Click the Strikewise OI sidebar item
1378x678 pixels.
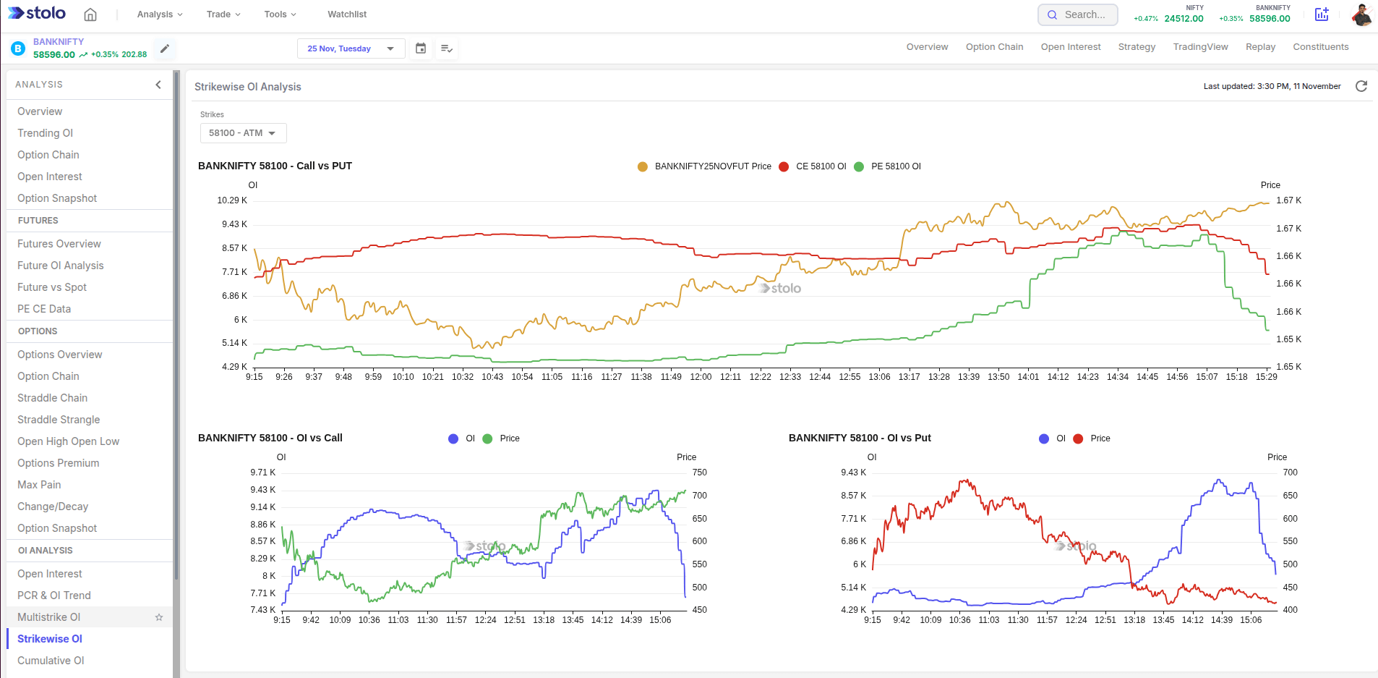(50, 639)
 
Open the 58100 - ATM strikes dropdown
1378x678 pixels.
(243, 133)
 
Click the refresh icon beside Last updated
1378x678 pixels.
(1361, 86)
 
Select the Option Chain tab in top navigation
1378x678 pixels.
(994, 47)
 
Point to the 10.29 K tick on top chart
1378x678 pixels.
(232, 200)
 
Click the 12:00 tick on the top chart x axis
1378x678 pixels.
(701, 377)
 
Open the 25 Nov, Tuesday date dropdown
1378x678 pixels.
(351, 48)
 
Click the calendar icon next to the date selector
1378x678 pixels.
(421, 48)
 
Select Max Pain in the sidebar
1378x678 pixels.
(39, 485)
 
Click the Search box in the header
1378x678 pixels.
(1078, 14)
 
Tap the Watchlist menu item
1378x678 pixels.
(347, 14)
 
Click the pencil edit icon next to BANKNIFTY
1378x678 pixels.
(165, 48)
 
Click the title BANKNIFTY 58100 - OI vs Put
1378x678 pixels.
(860, 438)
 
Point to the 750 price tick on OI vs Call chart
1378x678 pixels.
(699, 473)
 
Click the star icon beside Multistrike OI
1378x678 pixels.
(159, 617)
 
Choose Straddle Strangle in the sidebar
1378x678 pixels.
(59, 420)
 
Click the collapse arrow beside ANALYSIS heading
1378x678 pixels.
(158, 85)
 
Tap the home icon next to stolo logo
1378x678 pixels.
(90, 14)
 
